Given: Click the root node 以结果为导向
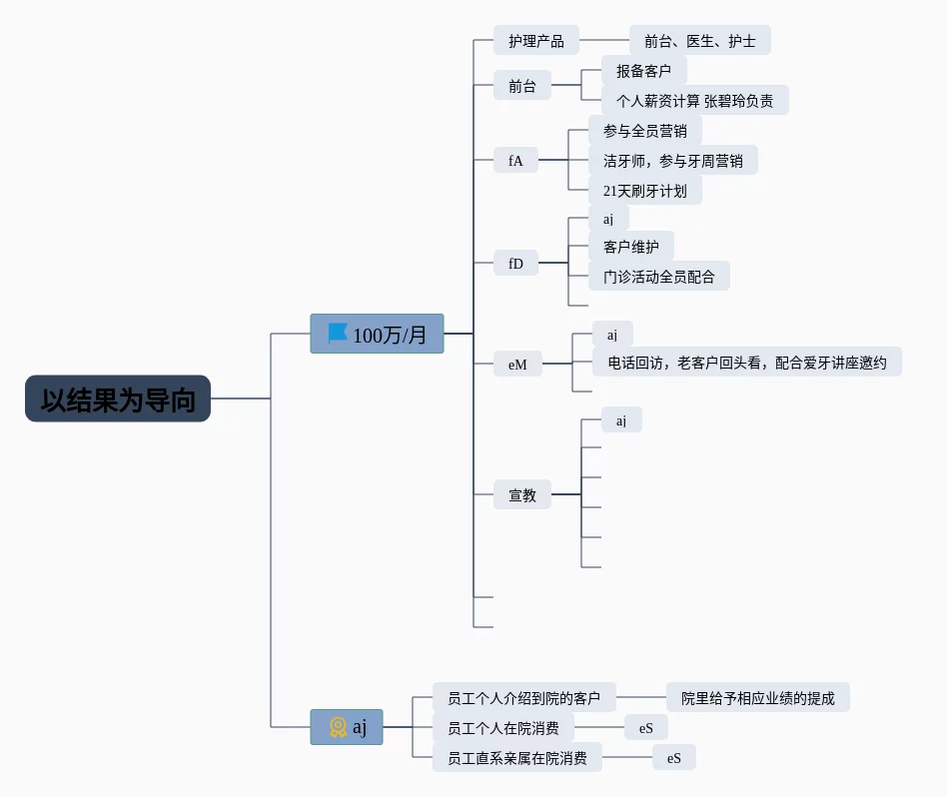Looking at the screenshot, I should pyautogui.click(x=118, y=398).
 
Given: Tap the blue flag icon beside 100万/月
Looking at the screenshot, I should pyautogui.click(x=338, y=334).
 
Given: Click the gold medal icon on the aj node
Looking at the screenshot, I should pyautogui.click(x=338, y=727).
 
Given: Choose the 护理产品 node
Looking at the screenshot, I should pyautogui.click(x=535, y=41).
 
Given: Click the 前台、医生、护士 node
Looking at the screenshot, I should pyautogui.click(x=699, y=41).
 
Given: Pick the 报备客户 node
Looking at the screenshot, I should pyautogui.click(x=643, y=71).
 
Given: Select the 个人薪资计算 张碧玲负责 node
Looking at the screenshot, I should pyautogui.click(x=694, y=101).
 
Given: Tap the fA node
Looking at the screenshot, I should pyautogui.click(x=515, y=160).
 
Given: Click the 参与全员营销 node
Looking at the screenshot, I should pyautogui.click(x=644, y=131).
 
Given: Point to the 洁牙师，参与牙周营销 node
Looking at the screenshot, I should pyautogui.click(x=672, y=160).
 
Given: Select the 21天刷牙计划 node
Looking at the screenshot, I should pyautogui.click(x=644, y=190).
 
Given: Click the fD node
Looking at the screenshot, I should pyautogui.click(x=515, y=264).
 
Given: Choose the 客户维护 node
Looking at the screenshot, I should pyautogui.click(x=630, y=247).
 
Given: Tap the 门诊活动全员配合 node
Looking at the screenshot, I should pyautogui.click(x=658, y=277).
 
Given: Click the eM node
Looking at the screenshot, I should pyautogui.click(x=516, y=365).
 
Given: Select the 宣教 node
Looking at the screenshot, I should pyautogui.click(x=522, y=494).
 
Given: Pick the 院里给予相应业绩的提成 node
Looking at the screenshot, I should pyautogui.click(x=757, y=698).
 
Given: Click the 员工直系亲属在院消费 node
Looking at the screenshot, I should pyautogui.click(x=517, y=758).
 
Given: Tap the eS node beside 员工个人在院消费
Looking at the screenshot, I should pyautogui.click(x=645, y=728).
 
